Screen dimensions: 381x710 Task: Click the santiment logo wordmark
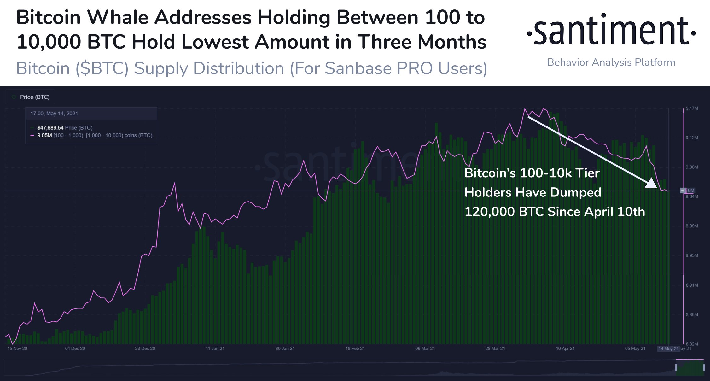coord(611,31)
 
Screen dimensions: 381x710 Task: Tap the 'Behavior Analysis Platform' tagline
coord(611,62)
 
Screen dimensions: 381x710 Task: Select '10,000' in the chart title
coord(49,42)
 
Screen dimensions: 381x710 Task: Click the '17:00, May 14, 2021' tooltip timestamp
coord(54,114)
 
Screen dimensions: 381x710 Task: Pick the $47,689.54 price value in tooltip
coord(50,128)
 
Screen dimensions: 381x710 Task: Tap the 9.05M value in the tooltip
coord(44,135)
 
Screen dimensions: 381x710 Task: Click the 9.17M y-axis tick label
coord(692,108)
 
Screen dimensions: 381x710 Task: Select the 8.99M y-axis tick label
coord(692,226)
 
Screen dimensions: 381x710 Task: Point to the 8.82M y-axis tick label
coord(692,344)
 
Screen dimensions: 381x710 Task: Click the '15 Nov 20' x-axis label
coord(17,349)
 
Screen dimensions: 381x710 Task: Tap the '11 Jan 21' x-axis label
coord(215,349)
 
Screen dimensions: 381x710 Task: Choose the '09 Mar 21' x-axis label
coord(425,349)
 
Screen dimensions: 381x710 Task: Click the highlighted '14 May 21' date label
coord(668,349)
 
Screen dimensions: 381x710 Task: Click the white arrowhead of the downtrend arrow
coord(651,183)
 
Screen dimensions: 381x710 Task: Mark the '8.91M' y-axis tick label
coord(692,285)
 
